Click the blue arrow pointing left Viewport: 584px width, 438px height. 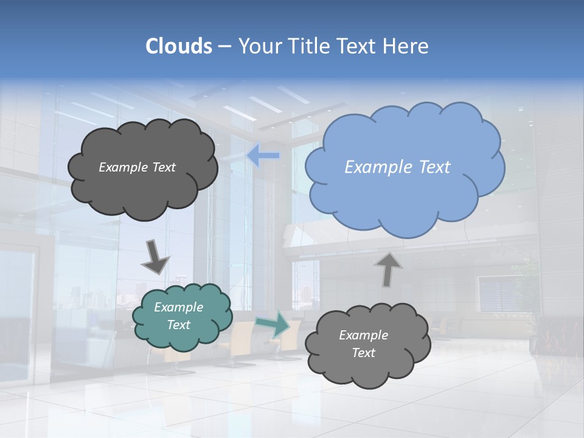click(x=263, y=156)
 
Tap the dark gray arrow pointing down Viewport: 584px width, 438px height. click(x=155, y=257)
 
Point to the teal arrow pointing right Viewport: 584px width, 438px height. click(x=273, y=324)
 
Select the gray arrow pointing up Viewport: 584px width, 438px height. click(x=388, y=269)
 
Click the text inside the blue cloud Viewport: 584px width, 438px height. click(x=397, y=167)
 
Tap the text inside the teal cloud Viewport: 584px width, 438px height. click(x=179, y=316)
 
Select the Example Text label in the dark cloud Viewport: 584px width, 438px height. click(x=137, y=167)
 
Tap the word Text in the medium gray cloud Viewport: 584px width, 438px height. click(x=364, y=353)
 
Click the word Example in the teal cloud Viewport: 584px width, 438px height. click(x=179, y=308)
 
